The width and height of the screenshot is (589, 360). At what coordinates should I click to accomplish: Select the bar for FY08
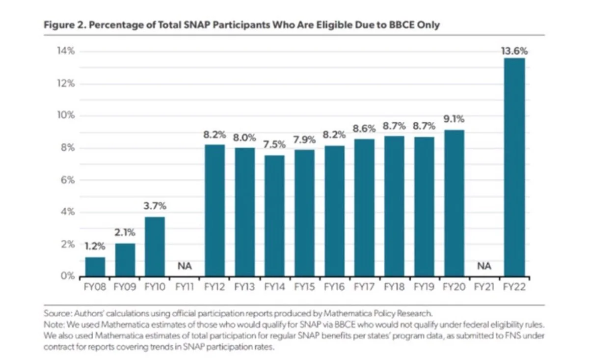[x=95, y=267]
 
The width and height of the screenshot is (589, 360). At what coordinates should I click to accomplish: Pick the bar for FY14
[x=274, y=216]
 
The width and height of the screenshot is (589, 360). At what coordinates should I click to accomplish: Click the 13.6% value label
[x=513, y=51]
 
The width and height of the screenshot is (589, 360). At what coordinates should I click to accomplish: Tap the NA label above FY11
[x=185, y=267]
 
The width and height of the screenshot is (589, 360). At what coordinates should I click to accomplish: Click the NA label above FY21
[x=484, y=267]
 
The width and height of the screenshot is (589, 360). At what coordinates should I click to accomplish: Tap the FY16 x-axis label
[x=334, y=287]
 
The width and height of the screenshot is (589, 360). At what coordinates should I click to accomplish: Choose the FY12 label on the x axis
[x=214, y=287]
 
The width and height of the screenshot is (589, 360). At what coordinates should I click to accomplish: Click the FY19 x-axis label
[x=424, y=287]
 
